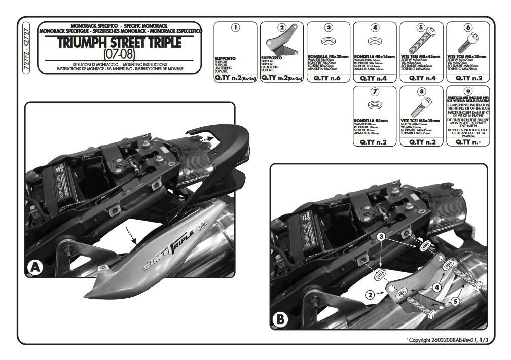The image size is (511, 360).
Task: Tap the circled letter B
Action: click(x=280, y=319)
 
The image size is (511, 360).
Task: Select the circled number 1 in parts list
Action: click(x=235, y=28)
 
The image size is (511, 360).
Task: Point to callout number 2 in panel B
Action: click(x=370, y=294)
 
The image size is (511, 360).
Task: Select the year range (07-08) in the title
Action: click(x=120, y=53)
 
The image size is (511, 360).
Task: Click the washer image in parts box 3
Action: click(x=328, y=41)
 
